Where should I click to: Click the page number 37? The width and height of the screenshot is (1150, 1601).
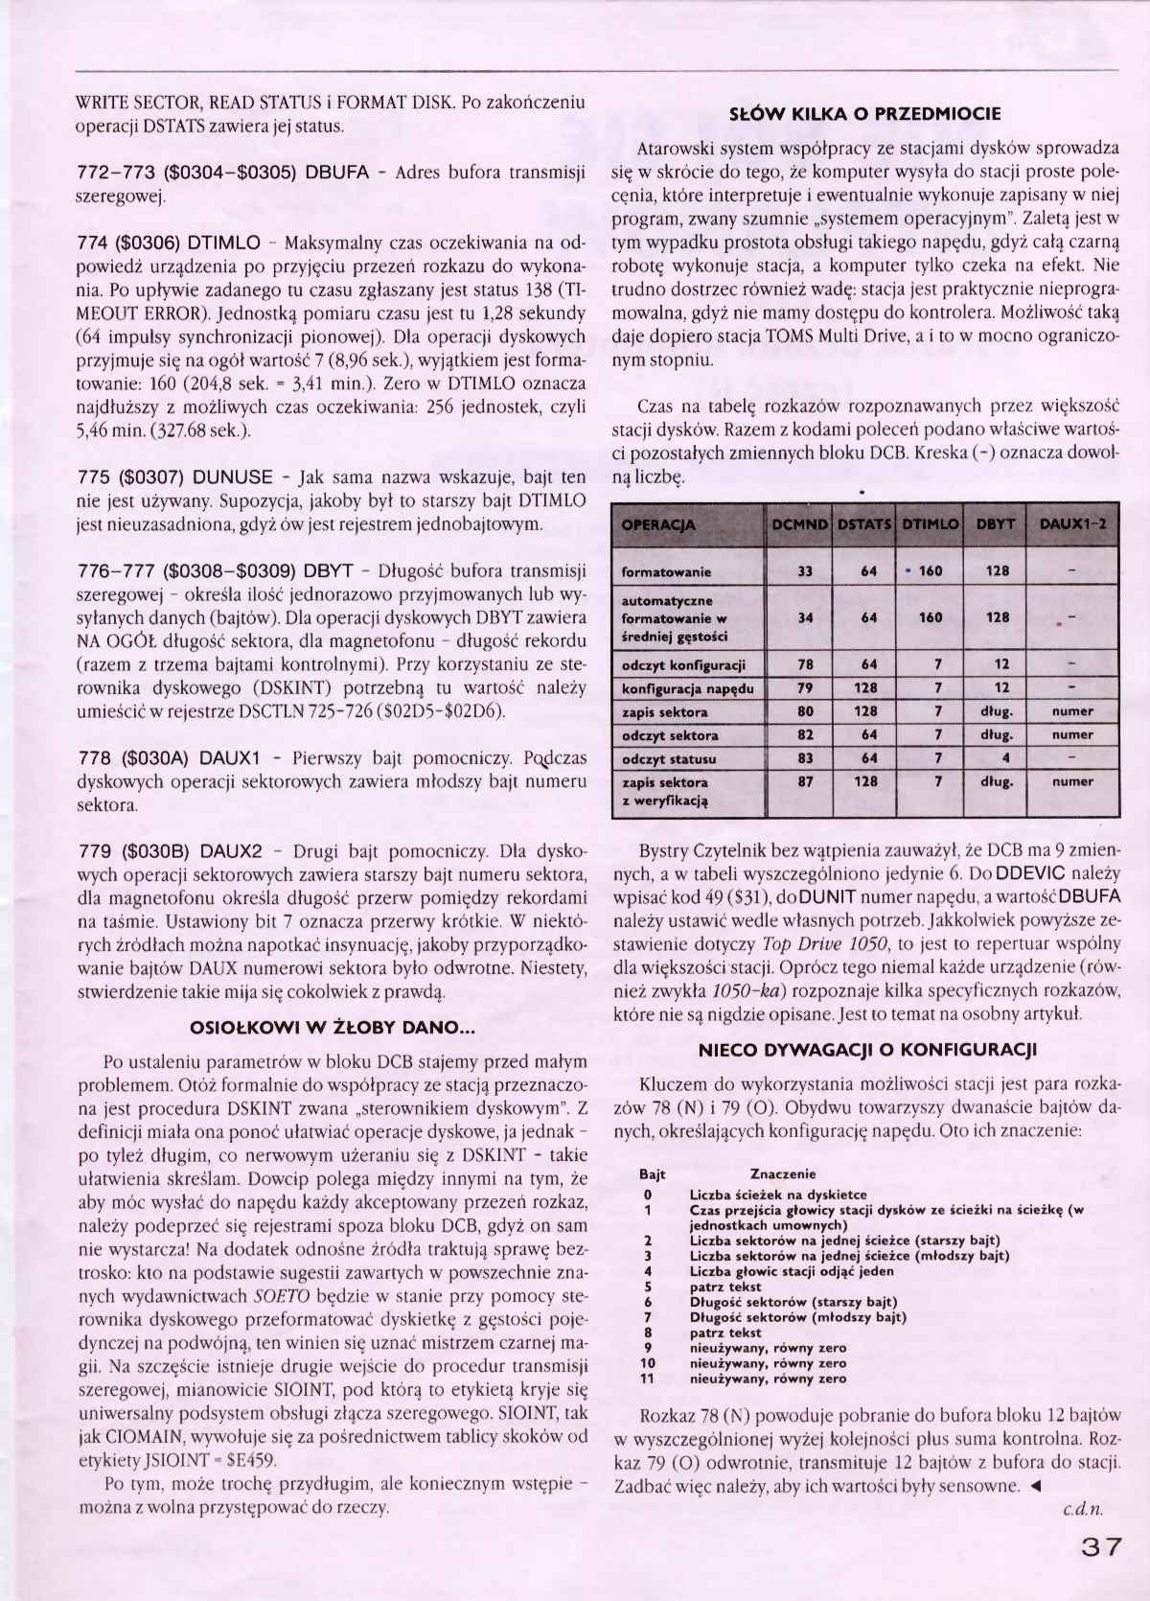[x=1099, y=1547]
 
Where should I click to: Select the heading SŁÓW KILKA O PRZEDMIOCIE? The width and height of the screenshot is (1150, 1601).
[x=865, y=113]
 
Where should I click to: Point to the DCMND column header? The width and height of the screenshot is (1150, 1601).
[x=802, y=524]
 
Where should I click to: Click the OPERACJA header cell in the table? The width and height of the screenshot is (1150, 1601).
[x=659, y=524]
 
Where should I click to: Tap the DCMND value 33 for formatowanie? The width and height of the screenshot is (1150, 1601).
[x=805, y=571]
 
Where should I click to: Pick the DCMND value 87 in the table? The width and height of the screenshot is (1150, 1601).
[x=805, y=781]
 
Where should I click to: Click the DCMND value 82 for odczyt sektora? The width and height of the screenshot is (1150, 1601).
[x=805, y=735]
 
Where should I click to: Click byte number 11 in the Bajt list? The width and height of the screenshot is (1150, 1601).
[x=648, y=1379]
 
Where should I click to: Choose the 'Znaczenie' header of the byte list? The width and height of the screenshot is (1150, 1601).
[x=783, y=1173]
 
